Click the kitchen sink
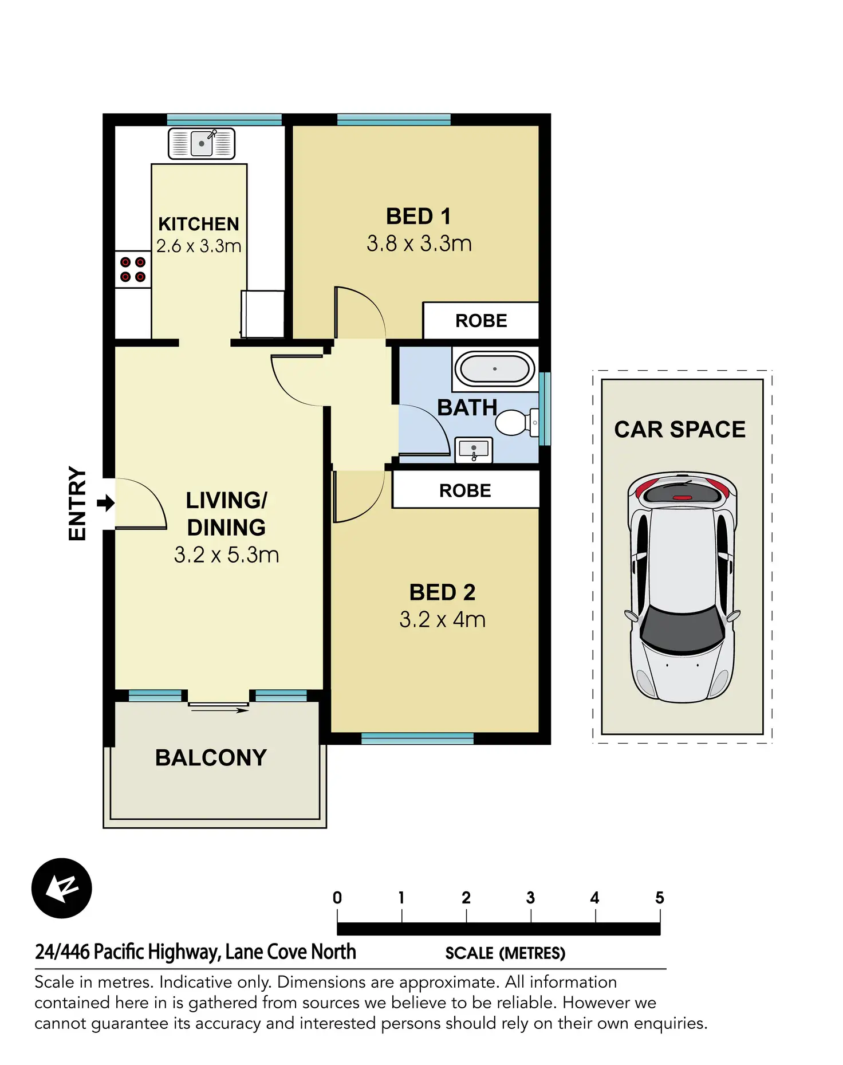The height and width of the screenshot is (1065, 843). point(202,143)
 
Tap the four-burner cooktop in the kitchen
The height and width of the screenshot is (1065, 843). point(133,270)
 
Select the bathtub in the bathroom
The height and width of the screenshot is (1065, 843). point(495,369)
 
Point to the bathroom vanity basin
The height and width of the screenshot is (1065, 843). point(474,450)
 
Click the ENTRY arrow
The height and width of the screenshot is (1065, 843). point(105,504)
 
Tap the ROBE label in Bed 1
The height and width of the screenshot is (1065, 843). point(481,321)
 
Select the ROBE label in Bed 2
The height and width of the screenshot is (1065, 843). point(465,491)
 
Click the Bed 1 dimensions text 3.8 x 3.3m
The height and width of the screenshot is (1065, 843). point(419,244)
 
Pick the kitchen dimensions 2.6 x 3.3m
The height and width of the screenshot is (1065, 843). point(199,246)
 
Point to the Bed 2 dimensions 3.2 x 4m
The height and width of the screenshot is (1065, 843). point(442,620)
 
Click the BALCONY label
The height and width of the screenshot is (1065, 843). point(211,758)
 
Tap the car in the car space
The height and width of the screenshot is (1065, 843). point(682,587)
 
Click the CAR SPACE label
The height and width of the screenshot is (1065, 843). point(680,430)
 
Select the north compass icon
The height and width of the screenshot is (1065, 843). point(62,888)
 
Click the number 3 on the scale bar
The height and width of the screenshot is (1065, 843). point(530,898)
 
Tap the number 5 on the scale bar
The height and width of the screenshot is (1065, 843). point(659,898)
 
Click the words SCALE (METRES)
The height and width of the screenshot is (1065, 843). point(505,953)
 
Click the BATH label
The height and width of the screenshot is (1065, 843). point(467,408)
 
